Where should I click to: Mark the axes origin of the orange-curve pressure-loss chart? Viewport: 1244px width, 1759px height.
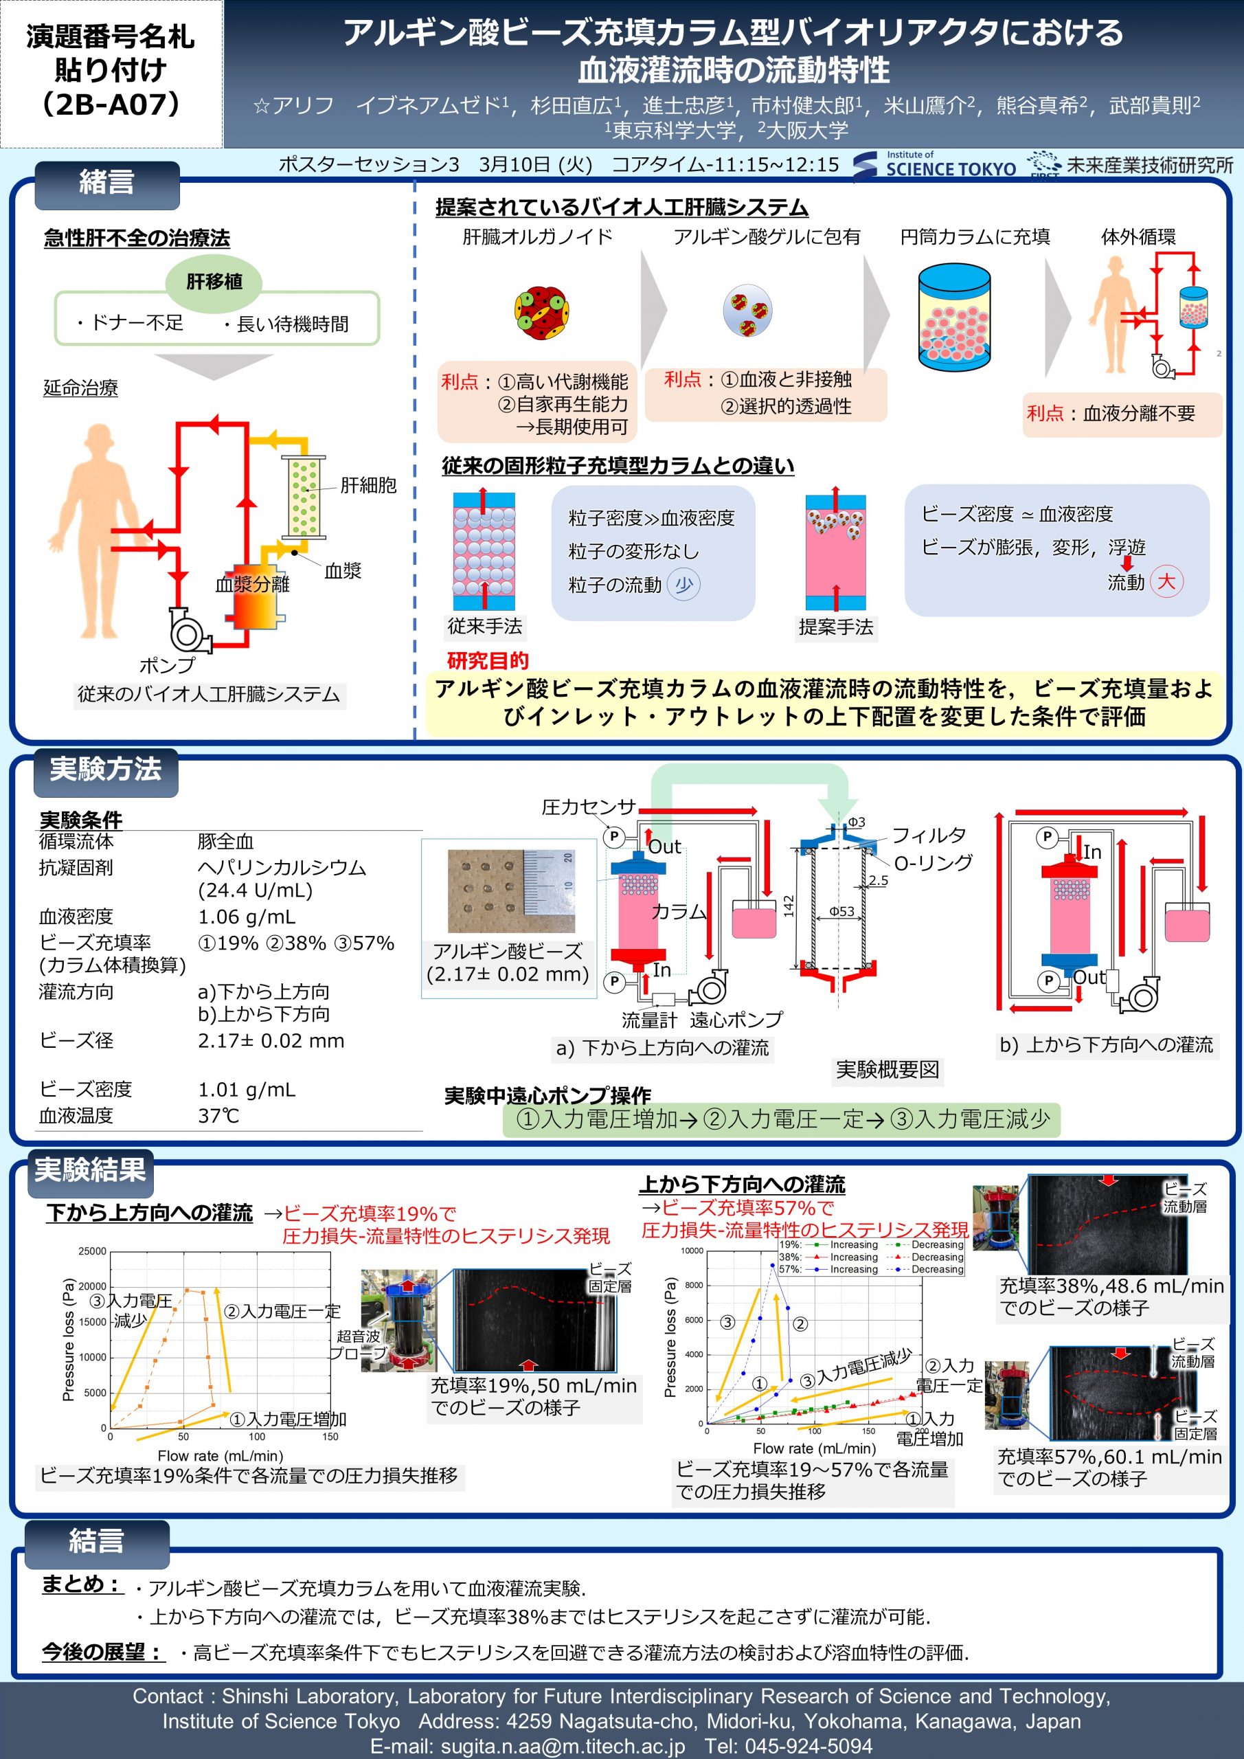111,1428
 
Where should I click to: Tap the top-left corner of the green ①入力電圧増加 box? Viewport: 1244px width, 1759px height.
504,1103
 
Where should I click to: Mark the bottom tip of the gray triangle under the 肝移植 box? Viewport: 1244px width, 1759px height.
214,380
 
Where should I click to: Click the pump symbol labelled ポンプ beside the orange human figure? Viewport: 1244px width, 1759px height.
188,630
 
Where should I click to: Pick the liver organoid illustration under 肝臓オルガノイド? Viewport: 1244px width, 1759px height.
541,313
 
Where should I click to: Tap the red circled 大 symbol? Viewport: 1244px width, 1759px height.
1166,581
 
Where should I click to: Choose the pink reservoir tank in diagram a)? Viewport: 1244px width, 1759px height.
754,919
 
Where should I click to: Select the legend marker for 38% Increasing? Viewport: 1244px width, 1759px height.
817,1257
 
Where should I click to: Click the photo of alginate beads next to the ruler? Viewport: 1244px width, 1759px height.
511,891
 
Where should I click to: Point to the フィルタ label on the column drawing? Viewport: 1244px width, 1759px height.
929,835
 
